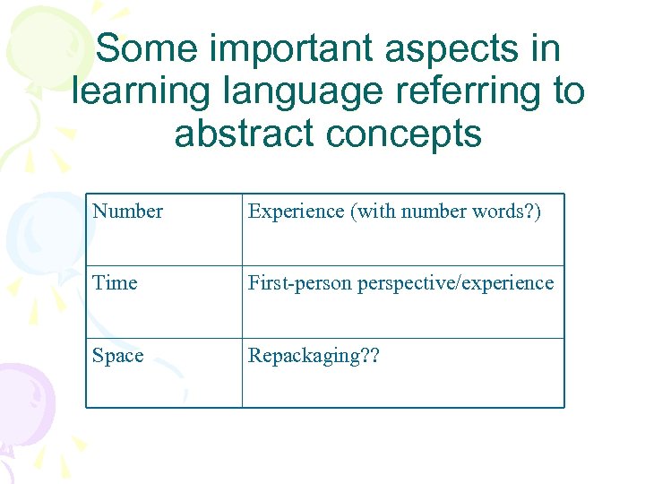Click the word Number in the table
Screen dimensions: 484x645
tap(127, 212)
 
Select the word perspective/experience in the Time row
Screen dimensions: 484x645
tap(455, 284)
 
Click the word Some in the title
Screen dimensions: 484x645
tap(142, 48)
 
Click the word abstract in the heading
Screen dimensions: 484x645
tap(245, 134)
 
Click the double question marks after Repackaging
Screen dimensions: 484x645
tap(368, 356)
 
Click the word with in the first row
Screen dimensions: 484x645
tap(377, 212)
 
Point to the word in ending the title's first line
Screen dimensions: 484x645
tap(546, 48)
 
